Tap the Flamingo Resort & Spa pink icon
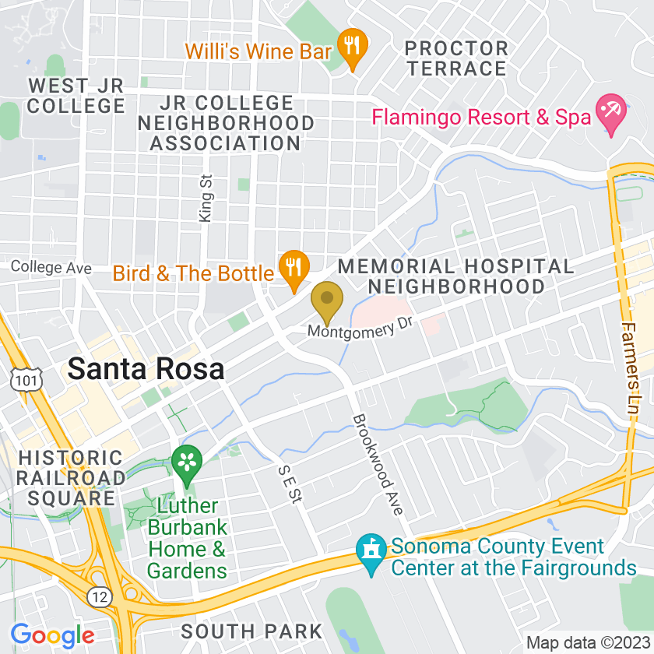tap(610, 113)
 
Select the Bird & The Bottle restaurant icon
tap(294, 268)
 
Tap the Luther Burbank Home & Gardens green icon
tap(187, 460)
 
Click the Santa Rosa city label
tap(146, 369)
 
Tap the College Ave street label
tap(51, 268)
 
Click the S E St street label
tap(289, 483)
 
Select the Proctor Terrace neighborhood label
tap(457, 58)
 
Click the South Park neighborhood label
tap(251, 631)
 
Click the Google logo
tap(52, 635)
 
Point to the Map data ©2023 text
tap(585, 643)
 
